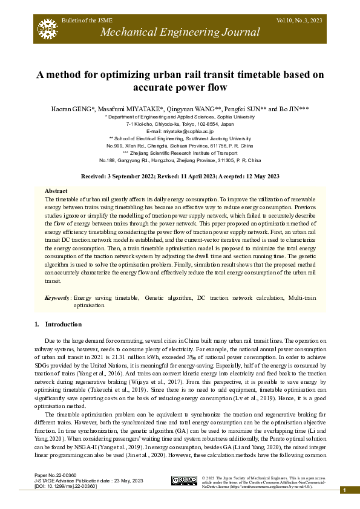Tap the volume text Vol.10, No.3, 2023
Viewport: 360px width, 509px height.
(x=301, y=21)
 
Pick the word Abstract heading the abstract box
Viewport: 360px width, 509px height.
(x=56, y=190)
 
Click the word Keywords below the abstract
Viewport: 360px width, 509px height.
(x=57, y=298)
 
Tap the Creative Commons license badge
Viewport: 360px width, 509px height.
(x=184, y=481)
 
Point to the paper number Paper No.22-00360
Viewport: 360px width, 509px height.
(x=56, y=476)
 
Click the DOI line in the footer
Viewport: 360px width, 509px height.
(x=66, y=486)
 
